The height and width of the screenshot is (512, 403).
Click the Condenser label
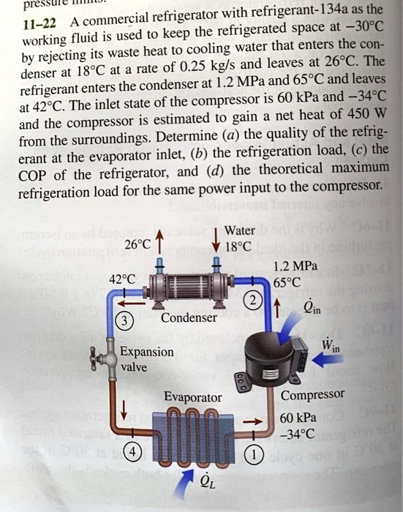pyautogui.click(x=189, y=318)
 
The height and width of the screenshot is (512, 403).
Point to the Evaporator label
pyautogui.click(x=192, y=397)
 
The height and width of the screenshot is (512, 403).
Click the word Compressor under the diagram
pyautogui.click(x=312, y=395)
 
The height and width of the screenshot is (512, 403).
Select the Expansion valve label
pyautogui.click(x=147, y=359)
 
